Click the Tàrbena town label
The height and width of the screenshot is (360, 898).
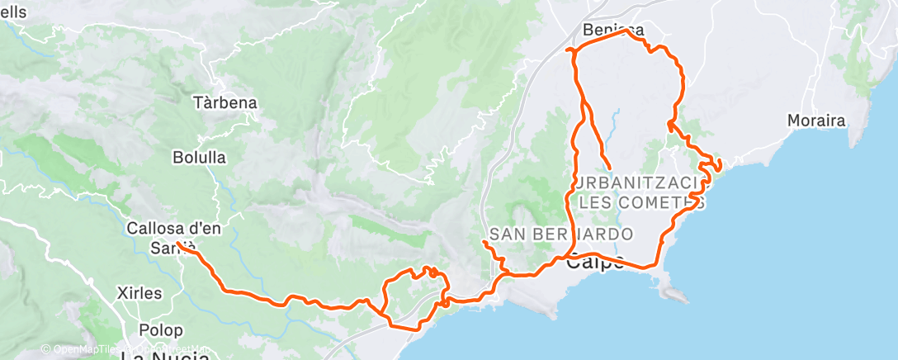coord(224,104)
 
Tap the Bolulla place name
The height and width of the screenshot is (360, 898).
coord(199,157)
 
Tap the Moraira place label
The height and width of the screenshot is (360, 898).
coord(815,121)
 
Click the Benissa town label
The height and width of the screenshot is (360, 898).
coord(612,31)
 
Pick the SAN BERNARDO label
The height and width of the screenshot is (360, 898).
coord(561,234)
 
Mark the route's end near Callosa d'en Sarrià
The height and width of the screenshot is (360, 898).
coord(178,243)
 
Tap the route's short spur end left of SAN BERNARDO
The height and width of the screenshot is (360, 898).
coord(484,241)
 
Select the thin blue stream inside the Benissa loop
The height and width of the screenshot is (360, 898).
coord(615,124)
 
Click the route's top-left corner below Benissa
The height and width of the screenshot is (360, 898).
coord(569,50)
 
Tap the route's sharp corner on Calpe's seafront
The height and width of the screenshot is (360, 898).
coord(656,265)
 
